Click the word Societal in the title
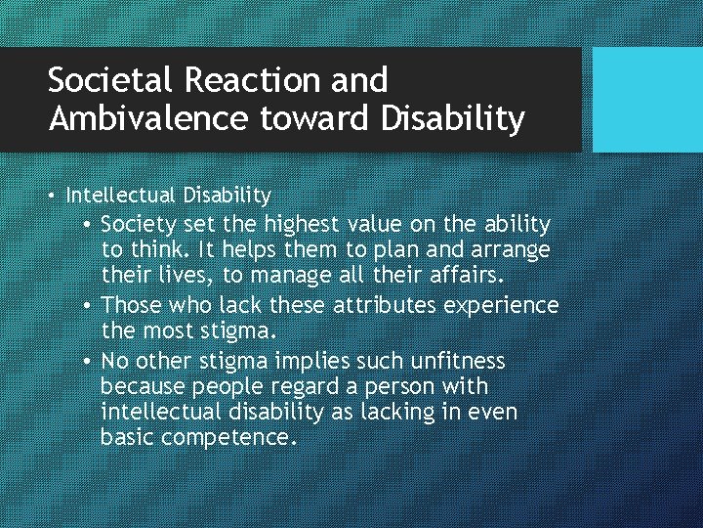pos(106,79)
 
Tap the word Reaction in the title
pos(250,79)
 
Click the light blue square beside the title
pos(647,100)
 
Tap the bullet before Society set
pos(88,226)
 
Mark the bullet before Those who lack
pos(88,306)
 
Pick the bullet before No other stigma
pos(88,361)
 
